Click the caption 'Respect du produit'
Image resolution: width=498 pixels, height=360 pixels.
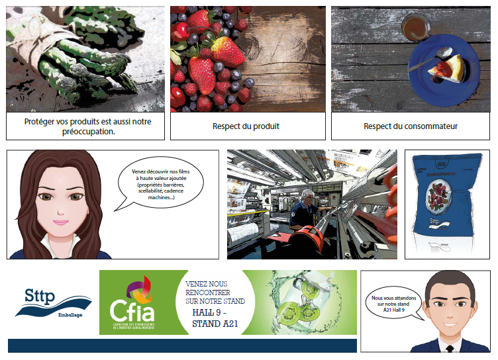point(246,126)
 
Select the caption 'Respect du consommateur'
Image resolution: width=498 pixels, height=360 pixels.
point(411,126)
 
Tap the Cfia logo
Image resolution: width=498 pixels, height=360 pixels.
point(130,302)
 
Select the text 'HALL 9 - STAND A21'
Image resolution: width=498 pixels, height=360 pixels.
point(215,318)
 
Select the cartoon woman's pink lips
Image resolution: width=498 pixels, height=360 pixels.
point(62,221)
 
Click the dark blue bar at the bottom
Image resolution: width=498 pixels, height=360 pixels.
point(182,345)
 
